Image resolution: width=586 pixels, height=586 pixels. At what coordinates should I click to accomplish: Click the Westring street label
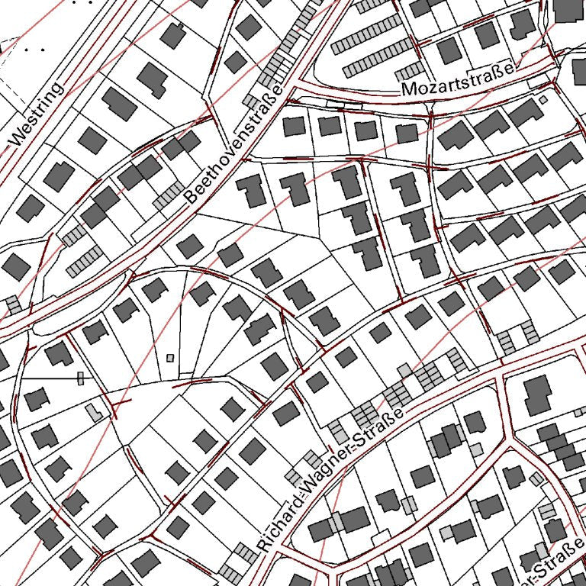[37, 115]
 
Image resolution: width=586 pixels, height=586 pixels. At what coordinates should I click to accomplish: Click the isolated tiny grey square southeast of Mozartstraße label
[543, 99]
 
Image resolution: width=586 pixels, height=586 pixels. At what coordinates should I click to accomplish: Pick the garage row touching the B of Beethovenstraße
[169, 196]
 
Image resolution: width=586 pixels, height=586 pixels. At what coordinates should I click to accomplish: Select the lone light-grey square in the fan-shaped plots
[170, 357]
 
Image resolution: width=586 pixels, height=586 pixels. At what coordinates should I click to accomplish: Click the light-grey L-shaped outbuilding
[95, 413]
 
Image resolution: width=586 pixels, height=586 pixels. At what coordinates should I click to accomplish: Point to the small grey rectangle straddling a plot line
[80, 378]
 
